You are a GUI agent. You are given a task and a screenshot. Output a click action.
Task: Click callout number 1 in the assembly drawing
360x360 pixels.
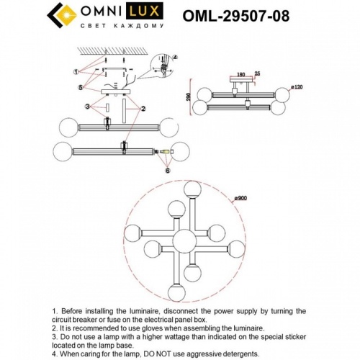pos(76,71)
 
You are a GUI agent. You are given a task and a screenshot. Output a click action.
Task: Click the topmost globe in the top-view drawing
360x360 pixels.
pos(192,189)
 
